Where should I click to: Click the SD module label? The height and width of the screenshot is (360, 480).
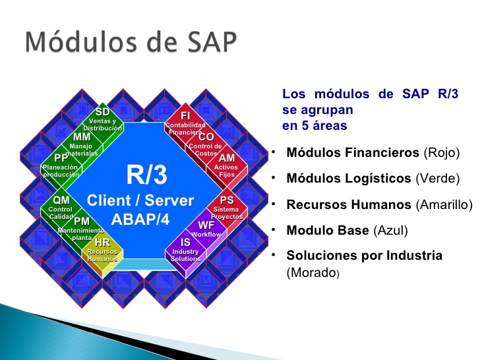pyautogui.click(x=103, y=112)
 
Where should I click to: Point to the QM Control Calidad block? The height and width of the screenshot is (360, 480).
pyautogui.click(x=61, y=208)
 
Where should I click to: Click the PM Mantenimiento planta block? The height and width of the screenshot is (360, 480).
pyautogui.click(x=82, y=229)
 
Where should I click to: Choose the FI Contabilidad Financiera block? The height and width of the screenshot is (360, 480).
pyautogui.click(x=185, y=123)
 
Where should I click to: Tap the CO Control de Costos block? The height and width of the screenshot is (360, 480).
pyautogui.click(x=206, y=144)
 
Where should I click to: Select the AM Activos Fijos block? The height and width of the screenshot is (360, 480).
pyautogui.click(x=227, y=166)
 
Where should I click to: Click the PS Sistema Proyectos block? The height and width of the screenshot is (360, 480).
pyautogui.click(x=227, y=209)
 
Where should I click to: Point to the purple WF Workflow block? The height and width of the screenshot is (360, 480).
pyautogui.click(x=206, y=229)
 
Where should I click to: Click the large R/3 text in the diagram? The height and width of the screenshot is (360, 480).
pyautogui.click(x=147, y=175)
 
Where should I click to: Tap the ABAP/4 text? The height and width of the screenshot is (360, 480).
pyautogui.click(x=140, y=220)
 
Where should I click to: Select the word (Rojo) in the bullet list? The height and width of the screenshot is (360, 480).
pyautogui.click(x=442, y=152)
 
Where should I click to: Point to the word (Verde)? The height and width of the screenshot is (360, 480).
pyautogui.click(x=438, y=179)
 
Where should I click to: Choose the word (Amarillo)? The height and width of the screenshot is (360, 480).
pyautogui.click(x=444, y=204)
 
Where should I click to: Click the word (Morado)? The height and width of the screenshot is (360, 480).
pyautogui.click(x=313, y=272)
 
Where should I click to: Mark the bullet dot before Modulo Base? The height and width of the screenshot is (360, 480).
pyautogui.click(x=274, y=229)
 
